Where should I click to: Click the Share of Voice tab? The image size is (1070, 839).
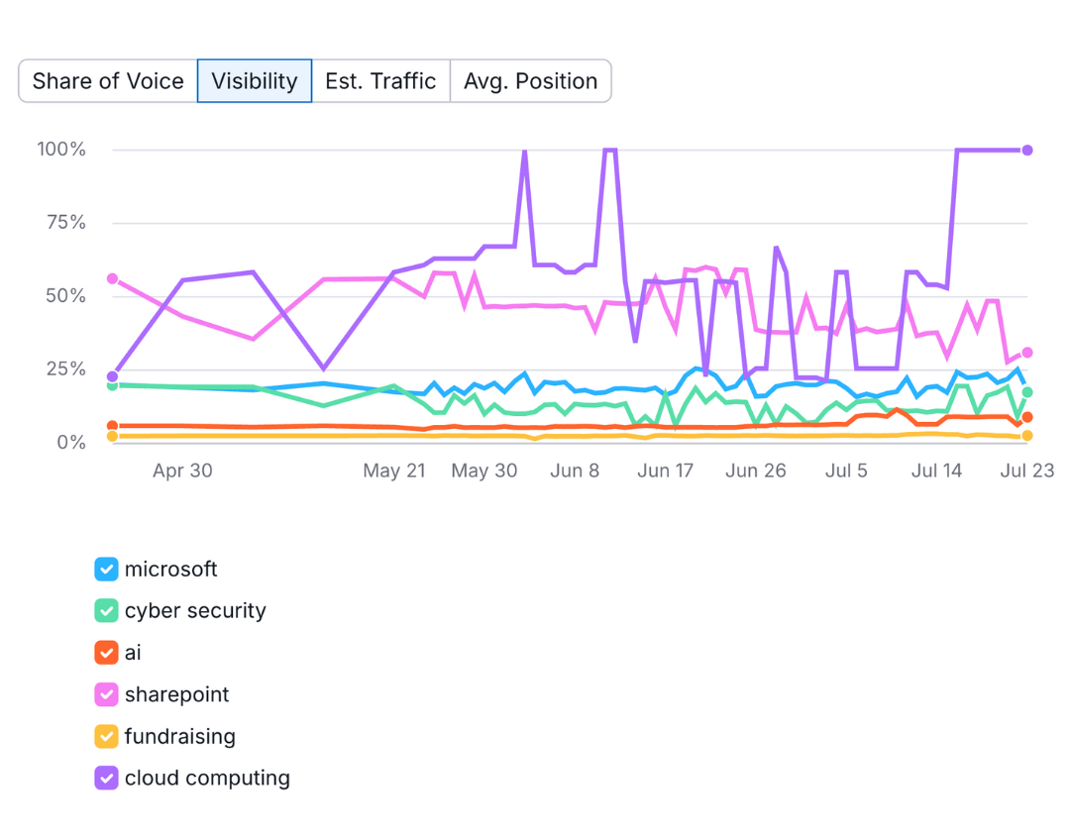(x=108, y=81)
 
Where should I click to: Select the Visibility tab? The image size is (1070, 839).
(x=255, y=81)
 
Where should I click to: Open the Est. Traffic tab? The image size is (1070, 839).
(x=380, y=81)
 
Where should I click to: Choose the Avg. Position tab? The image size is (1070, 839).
(x=530, y=81)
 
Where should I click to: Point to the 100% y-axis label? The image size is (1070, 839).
(x=61, y=150)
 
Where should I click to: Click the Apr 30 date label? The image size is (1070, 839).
(x=182, y=471)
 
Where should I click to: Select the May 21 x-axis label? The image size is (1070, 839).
(x=394, y=471)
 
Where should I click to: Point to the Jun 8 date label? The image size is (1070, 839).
(x=576, y=471)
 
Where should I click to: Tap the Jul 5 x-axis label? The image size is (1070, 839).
(x=846, y=471)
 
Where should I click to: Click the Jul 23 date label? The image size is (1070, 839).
(x=1027, y=471)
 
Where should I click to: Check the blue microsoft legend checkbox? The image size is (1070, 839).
(x=106, y=570)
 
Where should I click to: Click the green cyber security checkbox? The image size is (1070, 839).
(x=106, y=611)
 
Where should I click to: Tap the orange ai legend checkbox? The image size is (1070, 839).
(x=106, y=653)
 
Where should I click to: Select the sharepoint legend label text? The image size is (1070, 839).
(x=176, y=695)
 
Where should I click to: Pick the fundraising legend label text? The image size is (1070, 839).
(x=180, y=737)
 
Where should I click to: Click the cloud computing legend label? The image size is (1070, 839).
(x=207, y=779)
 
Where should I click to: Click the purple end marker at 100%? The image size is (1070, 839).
(x=1027, y=151)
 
